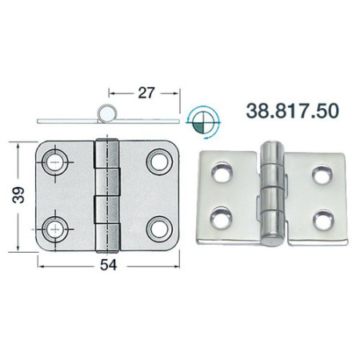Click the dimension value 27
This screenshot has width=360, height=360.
coord(146,93)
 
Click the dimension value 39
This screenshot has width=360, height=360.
coord(18,195)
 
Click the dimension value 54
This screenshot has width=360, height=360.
coord(109,265)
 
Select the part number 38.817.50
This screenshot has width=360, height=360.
coord(293,111)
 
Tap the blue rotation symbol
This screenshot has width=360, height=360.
coord(204,122)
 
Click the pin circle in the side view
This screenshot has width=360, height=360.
coord(107,114)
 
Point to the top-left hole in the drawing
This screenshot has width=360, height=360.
coord(55,162)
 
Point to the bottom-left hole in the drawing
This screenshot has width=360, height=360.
coord(55,230)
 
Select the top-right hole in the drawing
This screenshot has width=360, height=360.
coord(159,162)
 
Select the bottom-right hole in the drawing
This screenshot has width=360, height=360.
coord(159,230)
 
